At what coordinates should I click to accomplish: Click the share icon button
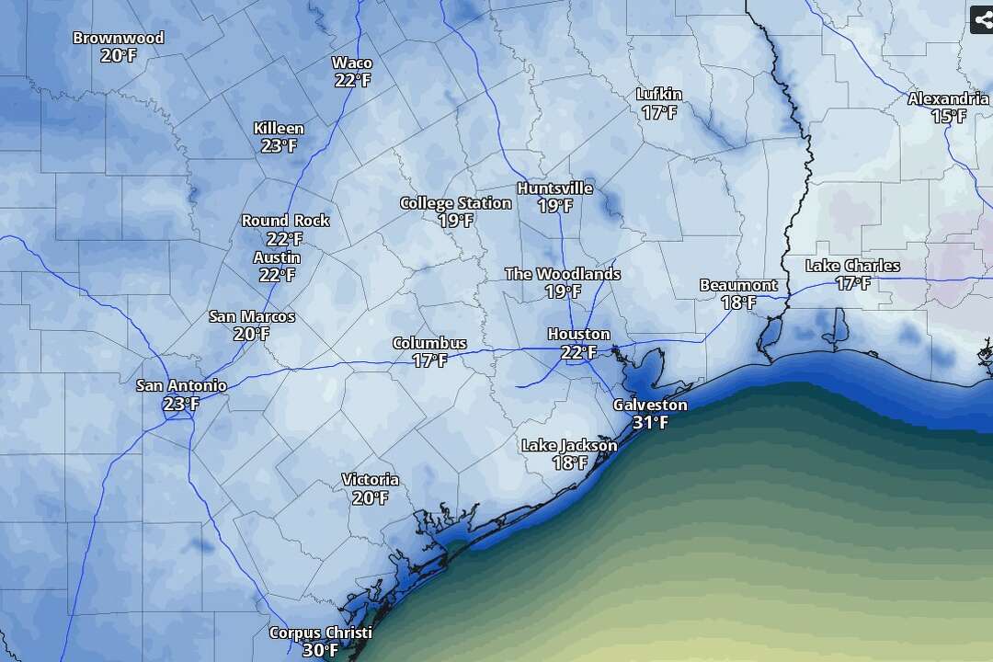click(x=982, y=19)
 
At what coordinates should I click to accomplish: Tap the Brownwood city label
click(x=119, y=39)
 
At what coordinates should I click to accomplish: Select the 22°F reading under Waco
click(x=352, y=80)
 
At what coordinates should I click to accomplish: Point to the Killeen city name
click(x=279, y=129)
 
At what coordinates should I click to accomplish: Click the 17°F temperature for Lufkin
click(x=659, y=112)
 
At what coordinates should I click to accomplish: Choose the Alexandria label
click(x=948, y=99)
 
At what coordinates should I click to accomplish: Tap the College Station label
click(x=455, y=203)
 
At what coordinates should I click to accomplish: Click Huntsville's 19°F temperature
click(x=554, y=206)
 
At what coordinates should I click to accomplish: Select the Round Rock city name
click(x=285, y=221)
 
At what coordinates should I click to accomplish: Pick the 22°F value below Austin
click(x=277, y=275)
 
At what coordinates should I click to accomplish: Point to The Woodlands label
click(x=562, y=274)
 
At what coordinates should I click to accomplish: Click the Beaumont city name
click(x=738, y=285)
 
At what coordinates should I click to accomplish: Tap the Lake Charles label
click(x=852, y=266)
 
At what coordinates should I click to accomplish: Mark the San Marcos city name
click(x=252, y=316)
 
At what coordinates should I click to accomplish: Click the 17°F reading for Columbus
click(x=429, y=360)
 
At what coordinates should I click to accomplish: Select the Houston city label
click(x=578, y=334)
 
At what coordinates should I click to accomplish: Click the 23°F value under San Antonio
click(x=181, y=404)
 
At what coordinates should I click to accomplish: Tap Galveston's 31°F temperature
click(x=650, y=423)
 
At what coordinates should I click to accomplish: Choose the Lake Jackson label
click(x=569, y=446)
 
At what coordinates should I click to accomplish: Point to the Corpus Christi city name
click(x=320, y=633)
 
